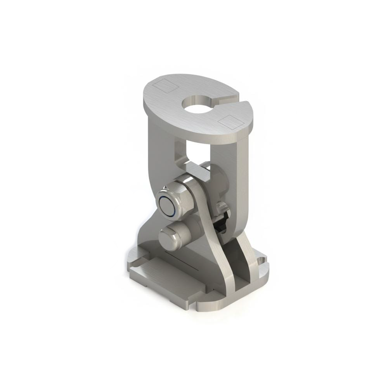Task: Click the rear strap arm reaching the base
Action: (x=247, y=252)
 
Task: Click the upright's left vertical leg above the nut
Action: (x=159, y=147)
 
